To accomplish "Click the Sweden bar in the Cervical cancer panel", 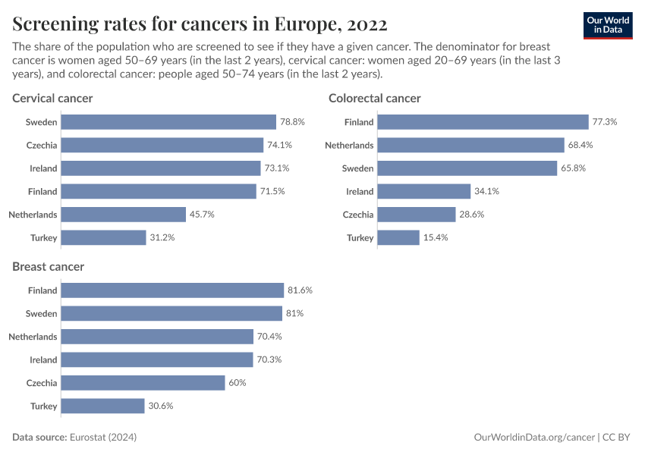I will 168,122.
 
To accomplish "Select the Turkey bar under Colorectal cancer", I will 398,238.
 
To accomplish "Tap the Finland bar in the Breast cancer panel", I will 171,290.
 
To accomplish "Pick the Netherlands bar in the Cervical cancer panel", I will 123,215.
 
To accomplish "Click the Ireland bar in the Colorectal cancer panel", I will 423,191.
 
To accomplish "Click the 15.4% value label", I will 436,238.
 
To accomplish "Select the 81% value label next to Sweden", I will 295,313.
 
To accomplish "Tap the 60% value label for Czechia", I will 238,383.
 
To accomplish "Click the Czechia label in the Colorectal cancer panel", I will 358,215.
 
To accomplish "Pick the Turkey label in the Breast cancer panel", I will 43,406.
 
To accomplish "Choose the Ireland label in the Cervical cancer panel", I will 43,168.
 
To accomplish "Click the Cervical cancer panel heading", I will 52,99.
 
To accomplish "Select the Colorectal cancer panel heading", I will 374,99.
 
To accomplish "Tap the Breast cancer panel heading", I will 48,267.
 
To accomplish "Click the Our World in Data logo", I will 607,25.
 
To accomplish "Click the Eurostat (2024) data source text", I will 102,438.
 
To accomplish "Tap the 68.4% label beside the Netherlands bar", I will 580,145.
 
